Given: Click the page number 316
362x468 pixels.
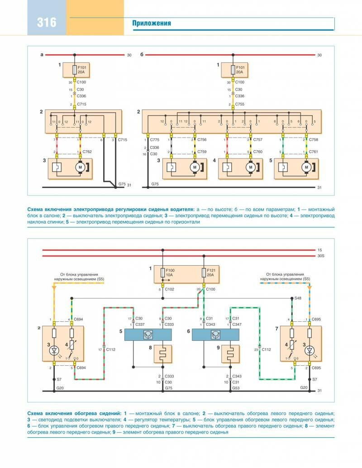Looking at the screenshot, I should pos(46,21).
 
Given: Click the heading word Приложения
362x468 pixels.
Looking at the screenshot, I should pos(152,23).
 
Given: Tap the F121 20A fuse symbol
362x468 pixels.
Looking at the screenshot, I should pos(204,272).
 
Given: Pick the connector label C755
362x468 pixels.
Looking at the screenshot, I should pos(240,105).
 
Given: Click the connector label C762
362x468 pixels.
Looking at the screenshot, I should pos(87,152).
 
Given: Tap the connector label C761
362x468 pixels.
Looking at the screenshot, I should pos(314,152).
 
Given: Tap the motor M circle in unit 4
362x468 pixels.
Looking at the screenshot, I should pos(250,167).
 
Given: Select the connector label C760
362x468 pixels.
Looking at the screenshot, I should pos(257,152).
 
